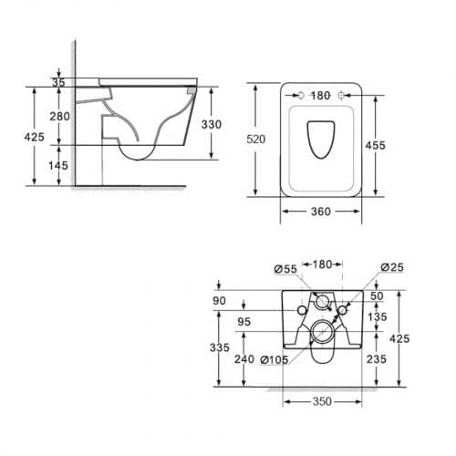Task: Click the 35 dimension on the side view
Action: [58, 82]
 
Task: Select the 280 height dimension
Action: [59, 116]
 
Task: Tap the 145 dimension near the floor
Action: [58, 165]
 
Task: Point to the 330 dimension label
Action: [212, 124]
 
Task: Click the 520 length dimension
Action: [256, 139]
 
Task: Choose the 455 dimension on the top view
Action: [376, 145]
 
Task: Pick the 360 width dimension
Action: [321, 212]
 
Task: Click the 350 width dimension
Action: [322, 401]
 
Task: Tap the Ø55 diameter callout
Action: [285, 269]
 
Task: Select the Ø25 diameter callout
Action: [392, 267]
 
